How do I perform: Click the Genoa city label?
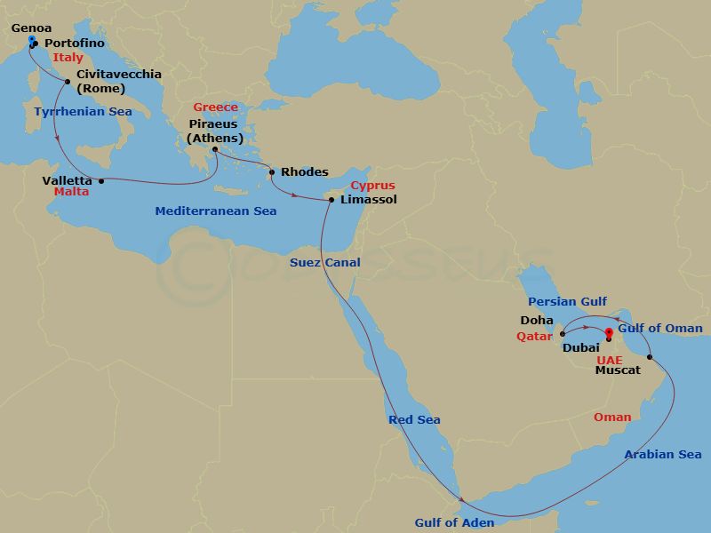pos(31,28)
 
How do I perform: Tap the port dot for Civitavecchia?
pos(68,81)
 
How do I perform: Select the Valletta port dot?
pos(101,181)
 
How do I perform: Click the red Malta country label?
pos(71,192)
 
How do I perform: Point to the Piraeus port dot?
pos(214,149)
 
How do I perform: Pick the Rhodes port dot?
pos(272,172)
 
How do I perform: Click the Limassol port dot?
pos(332,200)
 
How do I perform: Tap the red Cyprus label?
pos(372,187)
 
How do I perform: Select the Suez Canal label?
pos(324,262)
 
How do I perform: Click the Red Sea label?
pos(414,419)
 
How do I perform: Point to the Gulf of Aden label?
pos(454,522)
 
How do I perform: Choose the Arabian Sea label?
pos(662,455)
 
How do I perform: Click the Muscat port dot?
pos(651,358)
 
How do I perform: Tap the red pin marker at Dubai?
pos(609,334)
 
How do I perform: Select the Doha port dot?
pos(562,335)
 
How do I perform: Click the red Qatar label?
pos(535,337)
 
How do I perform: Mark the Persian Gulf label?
pos(567,302)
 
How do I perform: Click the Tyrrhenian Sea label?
pos(83,112)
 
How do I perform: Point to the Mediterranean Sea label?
pos(215,211)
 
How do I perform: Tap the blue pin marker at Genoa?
pos(31,41)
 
